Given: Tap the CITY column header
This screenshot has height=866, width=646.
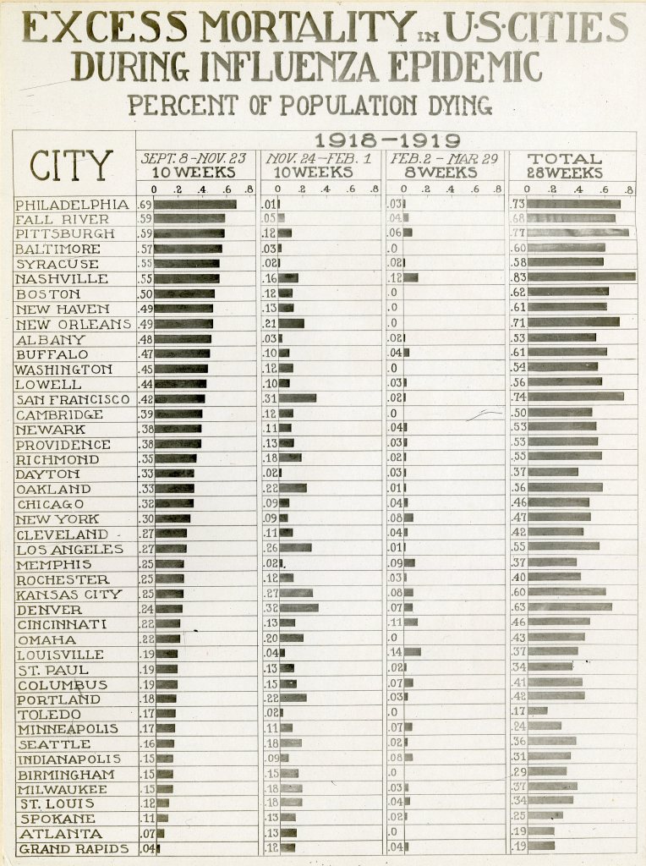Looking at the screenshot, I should click(x=71, y=165).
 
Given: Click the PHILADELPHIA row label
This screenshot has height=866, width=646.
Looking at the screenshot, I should click(x=73, y=205).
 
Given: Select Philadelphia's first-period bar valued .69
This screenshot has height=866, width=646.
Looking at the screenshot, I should click(x=195, y=205).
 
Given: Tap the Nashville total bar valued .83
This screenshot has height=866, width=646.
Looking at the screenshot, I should click(x=582, y=277).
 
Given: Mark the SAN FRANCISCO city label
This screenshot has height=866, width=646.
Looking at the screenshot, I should click(x=73, y=399).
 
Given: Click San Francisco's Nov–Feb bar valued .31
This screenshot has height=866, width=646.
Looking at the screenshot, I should click(x=298, y=398).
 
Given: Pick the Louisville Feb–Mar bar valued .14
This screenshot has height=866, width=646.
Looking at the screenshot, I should click(x=412, y=652).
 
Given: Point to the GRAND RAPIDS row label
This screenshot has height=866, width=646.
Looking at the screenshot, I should click(x=74, y=848).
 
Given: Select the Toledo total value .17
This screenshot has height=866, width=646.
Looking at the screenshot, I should click(x=518, y=712).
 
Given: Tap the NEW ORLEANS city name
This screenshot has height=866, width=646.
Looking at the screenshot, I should click(x=74, y=324).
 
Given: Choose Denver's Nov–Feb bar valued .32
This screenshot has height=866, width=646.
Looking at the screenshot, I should click(x=298, y=607).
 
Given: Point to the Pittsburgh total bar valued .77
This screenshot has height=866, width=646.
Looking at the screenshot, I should click(x=578, y=232).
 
